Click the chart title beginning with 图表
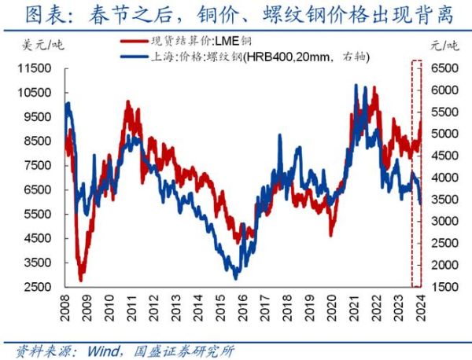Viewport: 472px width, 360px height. coord(235,15)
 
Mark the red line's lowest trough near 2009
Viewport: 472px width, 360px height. coord(80,279)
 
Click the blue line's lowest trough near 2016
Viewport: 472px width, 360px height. coord(235,277)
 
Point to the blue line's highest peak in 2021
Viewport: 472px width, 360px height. coord(356,85)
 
